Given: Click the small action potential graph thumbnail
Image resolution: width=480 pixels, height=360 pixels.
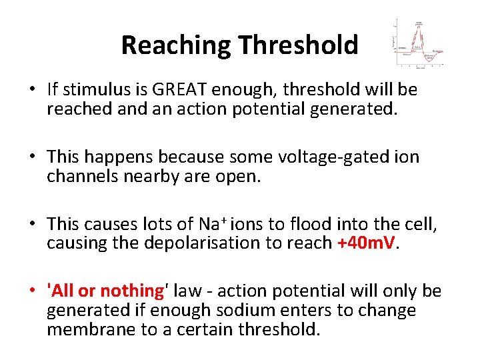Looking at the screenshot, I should tap(419, 43).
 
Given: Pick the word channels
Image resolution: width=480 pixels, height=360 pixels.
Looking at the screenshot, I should tap(79, 176).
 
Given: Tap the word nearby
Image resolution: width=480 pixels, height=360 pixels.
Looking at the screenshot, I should tap(145, 176).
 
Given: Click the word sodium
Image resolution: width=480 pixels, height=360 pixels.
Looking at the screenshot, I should tap(245, 311).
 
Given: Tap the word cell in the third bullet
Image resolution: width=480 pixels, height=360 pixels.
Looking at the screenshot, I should tap(421, 225).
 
